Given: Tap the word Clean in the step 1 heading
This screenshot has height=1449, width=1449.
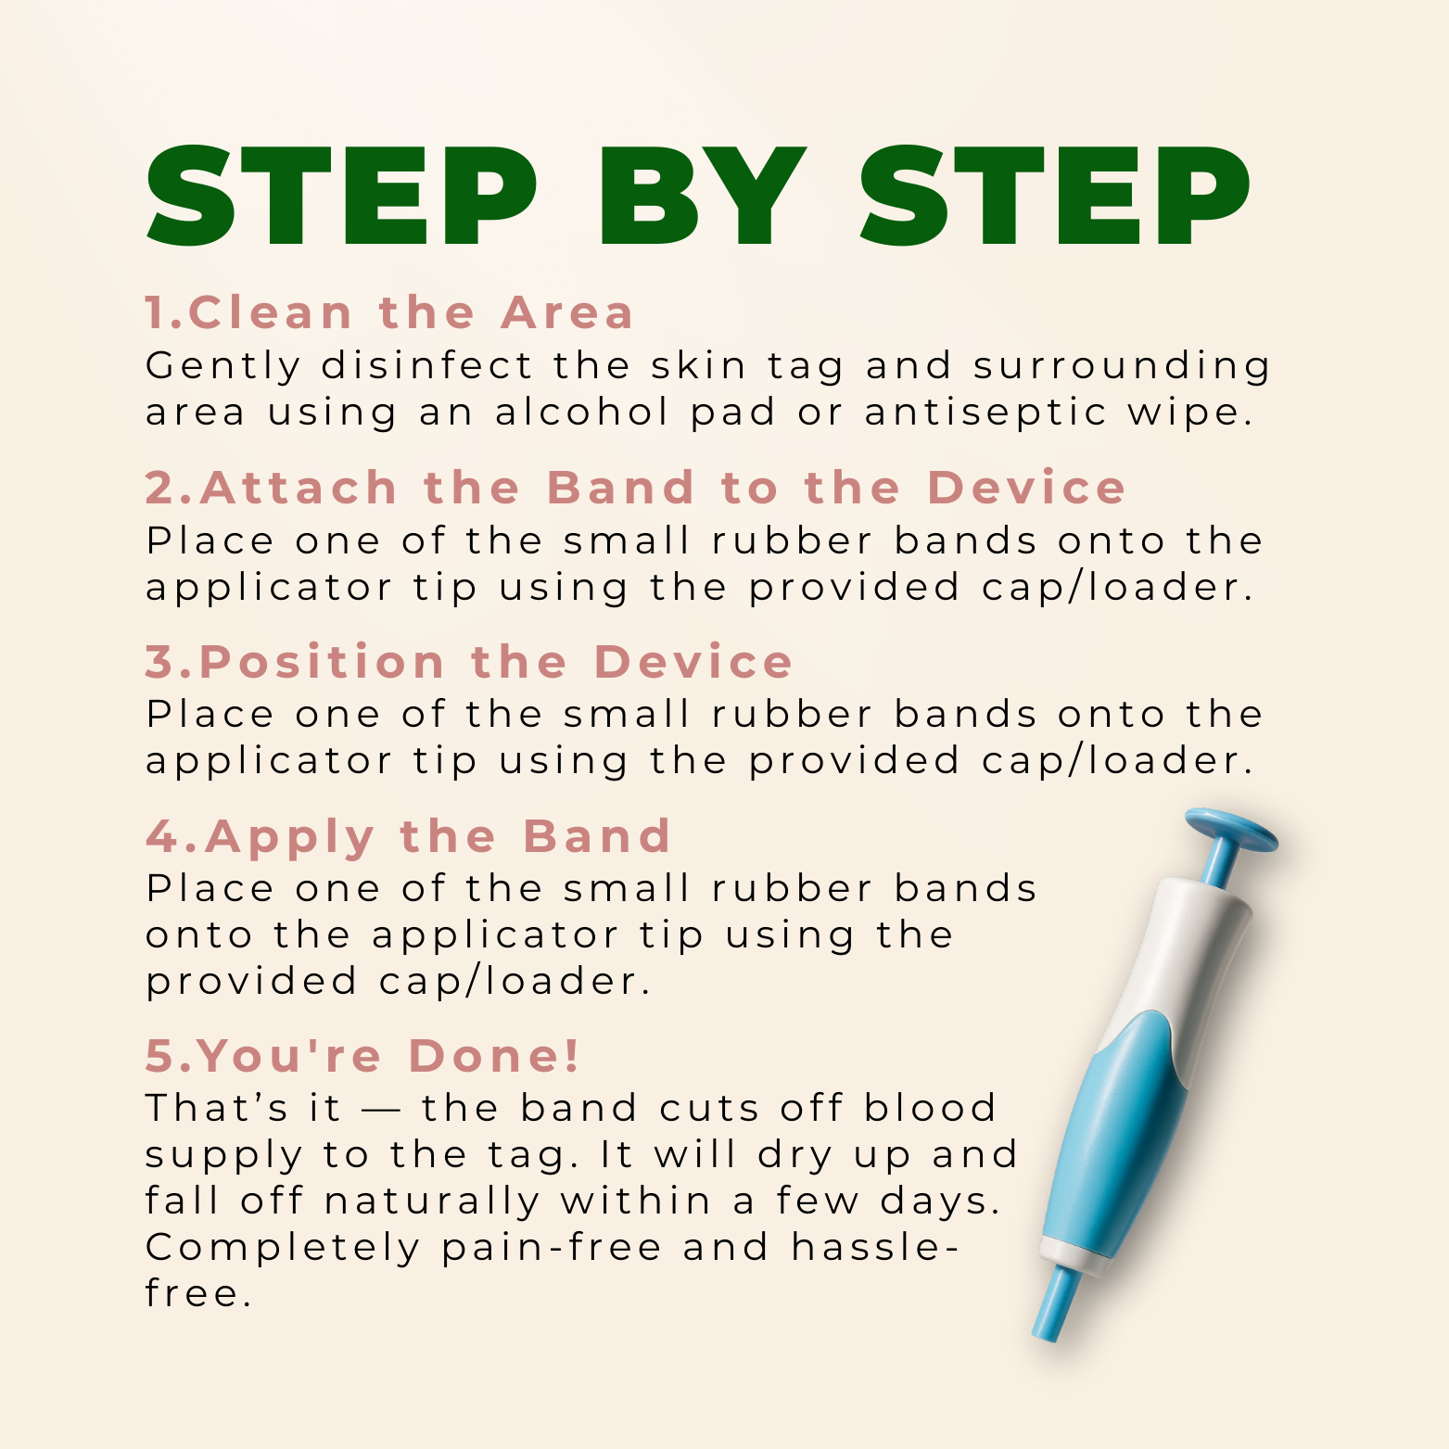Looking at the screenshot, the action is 271,312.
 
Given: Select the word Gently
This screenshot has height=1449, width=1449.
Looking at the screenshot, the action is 223,367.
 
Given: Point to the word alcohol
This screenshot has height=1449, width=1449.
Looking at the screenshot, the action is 582,412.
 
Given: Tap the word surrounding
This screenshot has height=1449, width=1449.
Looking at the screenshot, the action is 1122,367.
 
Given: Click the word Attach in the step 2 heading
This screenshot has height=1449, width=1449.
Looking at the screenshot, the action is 299,488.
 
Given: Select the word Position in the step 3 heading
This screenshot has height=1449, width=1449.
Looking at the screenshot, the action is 323,662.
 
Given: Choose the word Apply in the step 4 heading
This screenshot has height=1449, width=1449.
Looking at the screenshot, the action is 290,838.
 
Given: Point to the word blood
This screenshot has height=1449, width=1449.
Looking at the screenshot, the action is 930,1108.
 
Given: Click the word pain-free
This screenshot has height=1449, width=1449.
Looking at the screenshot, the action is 552,1249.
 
